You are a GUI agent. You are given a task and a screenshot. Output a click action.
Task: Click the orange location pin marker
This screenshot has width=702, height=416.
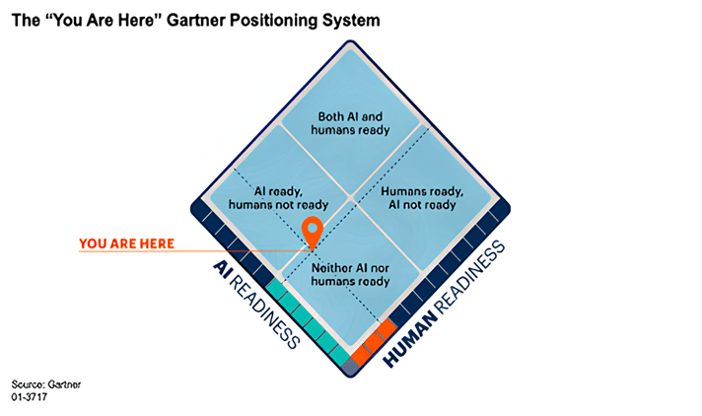point(313,231)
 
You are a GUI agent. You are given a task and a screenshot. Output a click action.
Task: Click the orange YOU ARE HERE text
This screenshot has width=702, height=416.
point(127,243)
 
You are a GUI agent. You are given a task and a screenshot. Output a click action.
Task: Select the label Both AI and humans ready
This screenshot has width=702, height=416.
point(350,122)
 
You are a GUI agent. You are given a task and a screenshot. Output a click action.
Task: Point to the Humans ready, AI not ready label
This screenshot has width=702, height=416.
point(418,197)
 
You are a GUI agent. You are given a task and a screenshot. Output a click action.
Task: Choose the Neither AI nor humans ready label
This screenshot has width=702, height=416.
point(350,274)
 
